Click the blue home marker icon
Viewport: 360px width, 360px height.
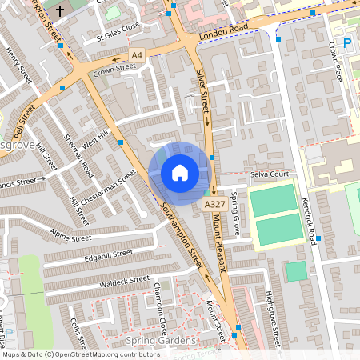tap(180, 173)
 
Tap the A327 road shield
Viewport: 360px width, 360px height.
tap(213, 206)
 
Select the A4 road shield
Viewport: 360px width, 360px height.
tap(138, 55)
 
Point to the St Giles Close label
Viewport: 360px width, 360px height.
tap(118, 36)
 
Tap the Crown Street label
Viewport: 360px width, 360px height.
tap(115, 70)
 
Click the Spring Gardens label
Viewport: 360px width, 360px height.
tap(152, 342)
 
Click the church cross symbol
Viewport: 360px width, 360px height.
tap(61, 11)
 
